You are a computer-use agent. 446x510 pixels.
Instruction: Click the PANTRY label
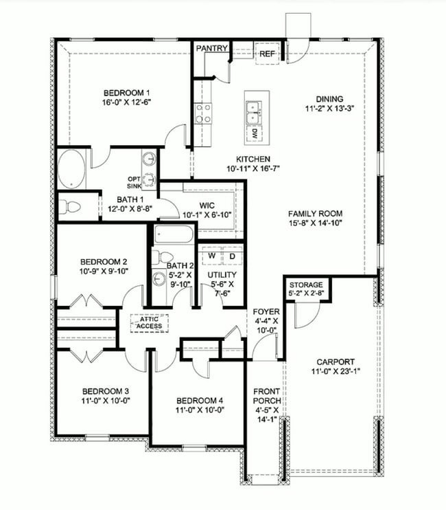pos(212,49)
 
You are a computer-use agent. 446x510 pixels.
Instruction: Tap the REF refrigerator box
pos(266,53)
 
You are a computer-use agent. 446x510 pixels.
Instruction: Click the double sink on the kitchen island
pos(255,109)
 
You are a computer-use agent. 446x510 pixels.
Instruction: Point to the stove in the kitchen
pos(203,112)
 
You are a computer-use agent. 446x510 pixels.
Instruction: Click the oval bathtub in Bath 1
pos(71,170)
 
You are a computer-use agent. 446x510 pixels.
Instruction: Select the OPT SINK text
pos(134,182)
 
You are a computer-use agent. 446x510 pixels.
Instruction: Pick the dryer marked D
pos(232,256)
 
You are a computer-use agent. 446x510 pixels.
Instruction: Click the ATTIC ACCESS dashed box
pos(150,322)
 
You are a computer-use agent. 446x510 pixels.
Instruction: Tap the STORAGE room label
pos(306,285)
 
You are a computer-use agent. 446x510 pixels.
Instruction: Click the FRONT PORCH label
pos(264,395)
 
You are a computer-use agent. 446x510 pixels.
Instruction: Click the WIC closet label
pos(208,206)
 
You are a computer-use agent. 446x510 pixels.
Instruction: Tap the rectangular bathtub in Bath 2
pos(173,235)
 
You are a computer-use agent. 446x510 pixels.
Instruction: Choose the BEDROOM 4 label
pos(199,401)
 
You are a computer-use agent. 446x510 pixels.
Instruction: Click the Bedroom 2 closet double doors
pos(87,301)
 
